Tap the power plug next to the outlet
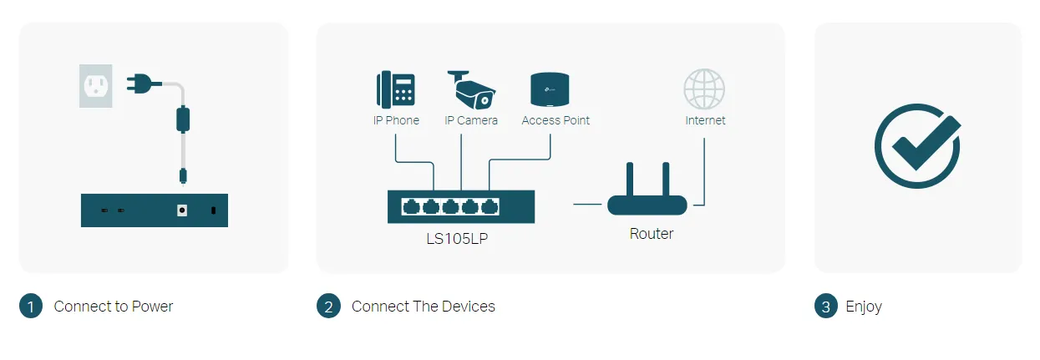tap(139, 83)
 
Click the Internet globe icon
tap(704, 89)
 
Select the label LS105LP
tap(461, 238)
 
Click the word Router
tap(652, 234)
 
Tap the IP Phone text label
tap(396, 120)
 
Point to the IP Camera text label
tap(471, 120)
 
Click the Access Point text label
tap(556, 120)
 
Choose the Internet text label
tap(705, 120)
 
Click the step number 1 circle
tap(30, 307)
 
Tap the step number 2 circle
tap(328, 307)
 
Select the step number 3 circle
tap(825, 307)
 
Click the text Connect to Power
tap(114, 307)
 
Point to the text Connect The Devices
tap(424, 307)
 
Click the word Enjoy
tap(864, 307)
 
